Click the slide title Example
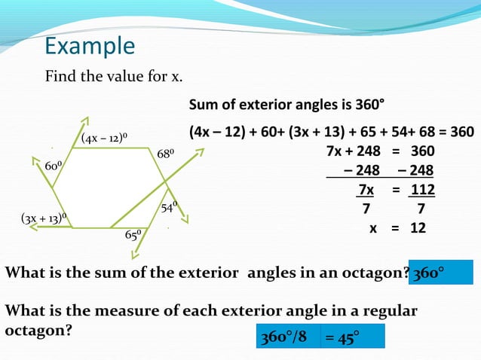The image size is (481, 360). [90, 47]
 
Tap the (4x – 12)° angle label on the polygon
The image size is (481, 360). [103, 138]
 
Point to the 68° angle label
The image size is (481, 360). [165, 154]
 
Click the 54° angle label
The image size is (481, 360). [170, 206]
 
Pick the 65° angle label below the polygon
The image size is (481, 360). [133, 235]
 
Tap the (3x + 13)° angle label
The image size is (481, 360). [44, 219]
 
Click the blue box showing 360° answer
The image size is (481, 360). [441, 273]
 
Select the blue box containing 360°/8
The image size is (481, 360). [288, 336]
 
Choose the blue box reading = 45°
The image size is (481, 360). [352, 336]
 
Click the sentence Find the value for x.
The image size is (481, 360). [114, 77]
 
